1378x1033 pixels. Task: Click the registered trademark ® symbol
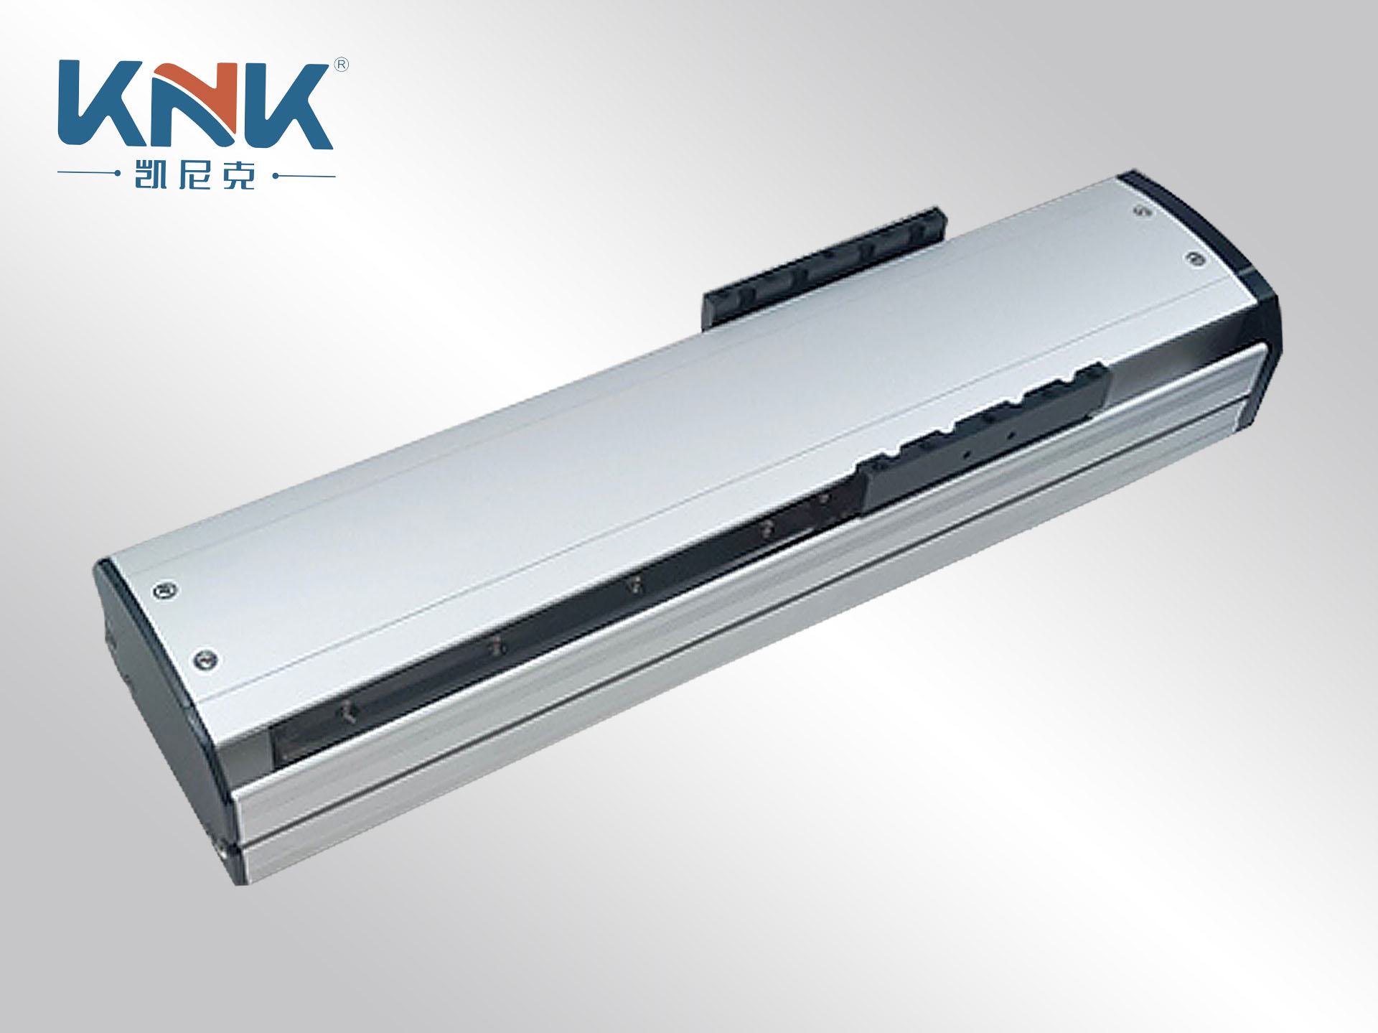[342, 65]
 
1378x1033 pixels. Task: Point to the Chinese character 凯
[151, 174]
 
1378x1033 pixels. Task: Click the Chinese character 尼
[195, 174]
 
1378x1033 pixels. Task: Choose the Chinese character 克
[239, 174]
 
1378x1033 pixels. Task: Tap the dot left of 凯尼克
[117, 174]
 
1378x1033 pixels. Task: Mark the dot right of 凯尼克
[276, 175]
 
